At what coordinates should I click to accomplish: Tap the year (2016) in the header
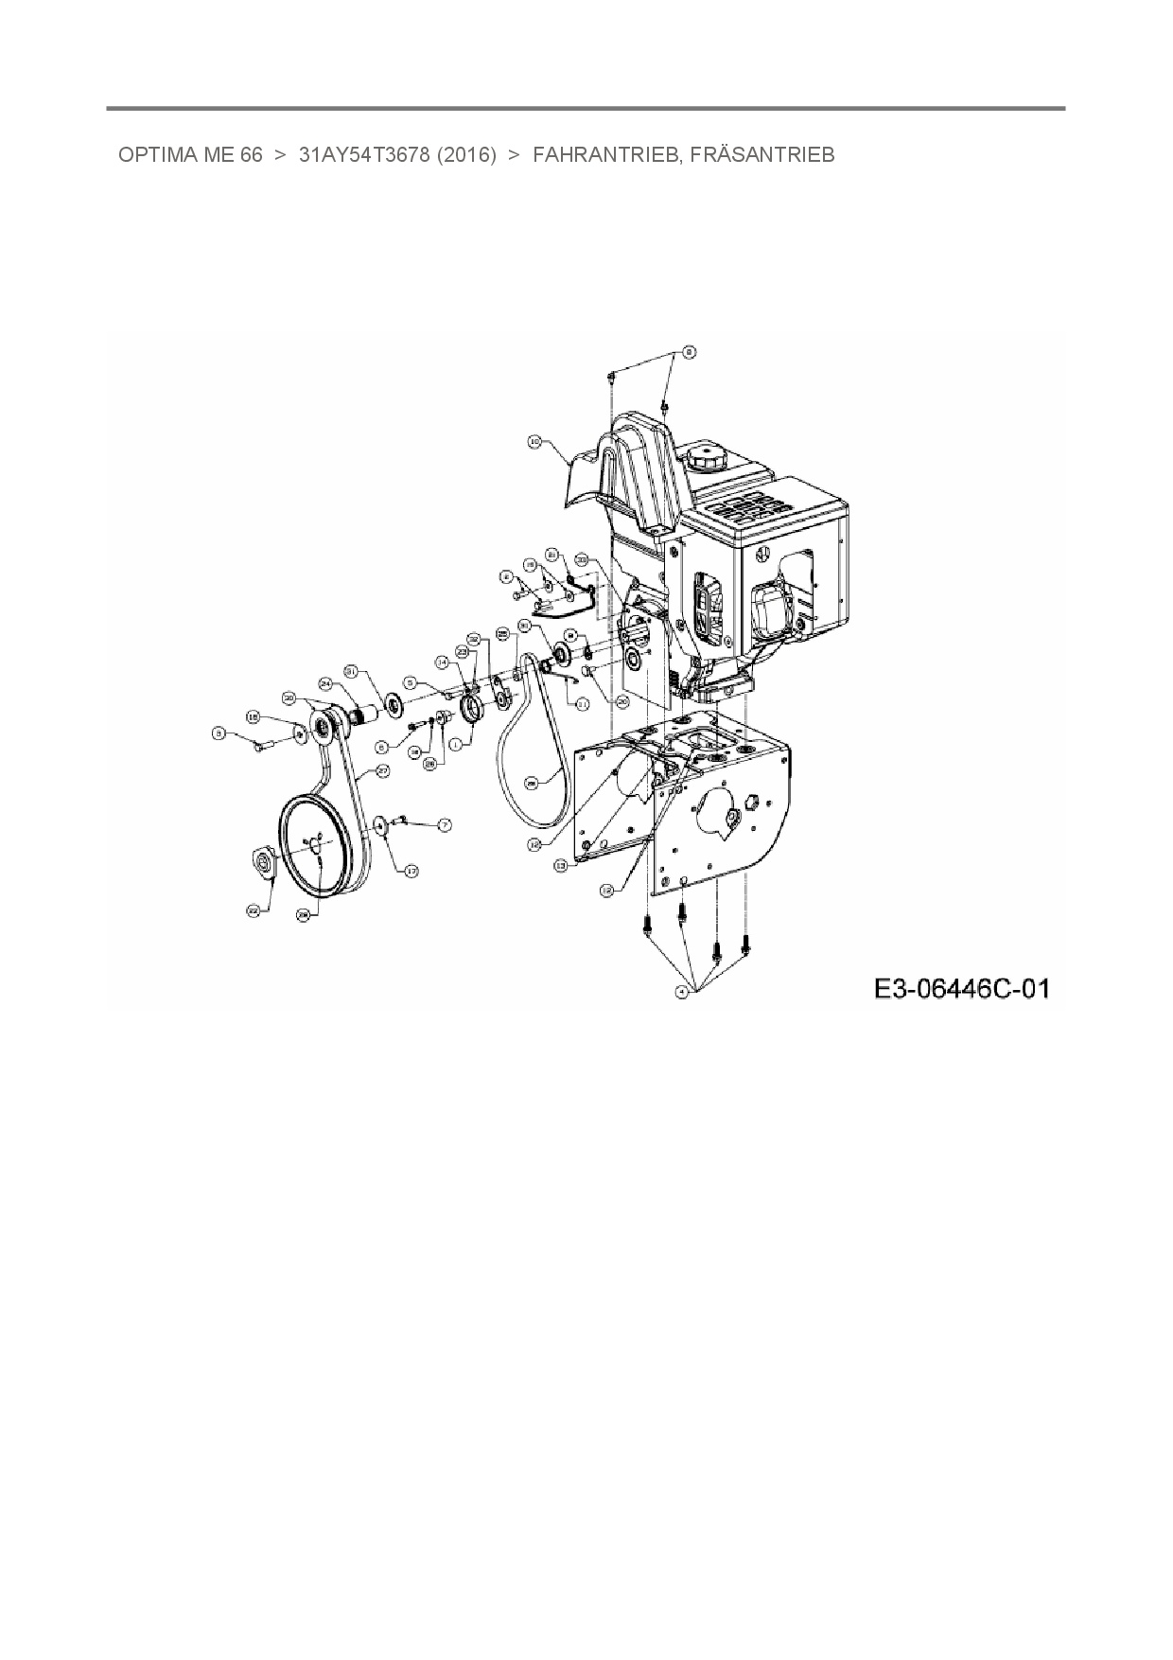(x=466, y=155)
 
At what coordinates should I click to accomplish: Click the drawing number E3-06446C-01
(x=961, y=990)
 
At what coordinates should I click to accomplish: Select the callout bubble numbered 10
(x=534, y=441)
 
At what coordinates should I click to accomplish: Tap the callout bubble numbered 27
(x=383, y=771)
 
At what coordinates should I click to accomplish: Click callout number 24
(x=325, y=682)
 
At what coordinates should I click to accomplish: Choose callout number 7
(x=444, y=825)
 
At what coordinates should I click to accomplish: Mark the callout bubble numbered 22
(x=253, y=910)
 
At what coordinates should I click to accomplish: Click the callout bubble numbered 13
(x=560, y=865)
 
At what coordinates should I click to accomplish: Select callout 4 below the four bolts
(x=681, y=991)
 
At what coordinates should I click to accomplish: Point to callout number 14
(x=441, y=662)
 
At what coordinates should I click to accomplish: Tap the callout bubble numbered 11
(x=583, y=703)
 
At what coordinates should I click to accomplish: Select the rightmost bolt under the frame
(x=746, y=942)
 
